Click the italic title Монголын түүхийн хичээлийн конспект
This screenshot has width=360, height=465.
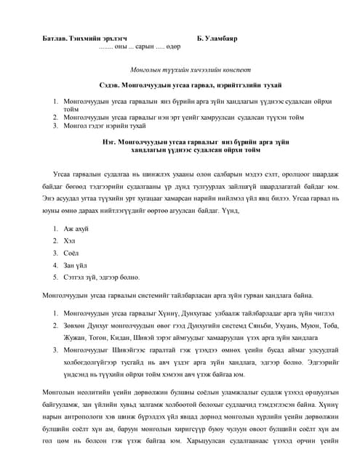pos(180,71)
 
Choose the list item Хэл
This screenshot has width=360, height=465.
pos(70,241)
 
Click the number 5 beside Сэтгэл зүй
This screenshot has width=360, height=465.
pos(55,277)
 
